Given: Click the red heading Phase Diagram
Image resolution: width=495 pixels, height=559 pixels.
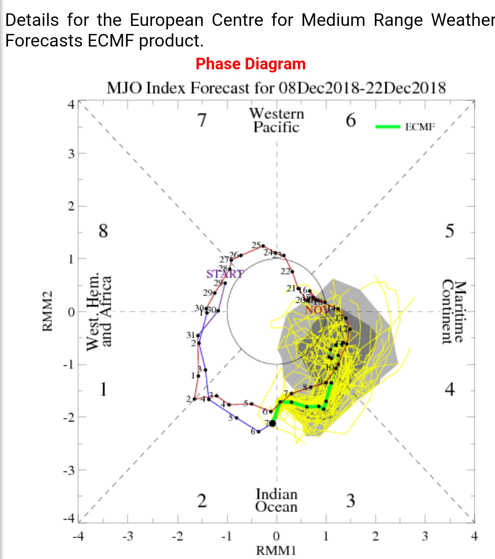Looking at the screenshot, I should click(x=250, y=64).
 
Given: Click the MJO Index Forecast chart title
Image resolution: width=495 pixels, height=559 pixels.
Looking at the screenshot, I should click(x=276, y=88).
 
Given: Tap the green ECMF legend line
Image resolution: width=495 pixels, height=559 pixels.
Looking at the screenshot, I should click(x=388, y=127).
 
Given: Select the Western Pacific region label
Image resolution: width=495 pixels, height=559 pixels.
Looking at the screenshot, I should click(x=276, y=120).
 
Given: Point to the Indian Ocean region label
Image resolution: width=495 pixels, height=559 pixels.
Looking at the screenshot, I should click(x=276, y=501).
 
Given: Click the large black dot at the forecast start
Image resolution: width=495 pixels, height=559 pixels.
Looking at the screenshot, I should click(x=273, y=423).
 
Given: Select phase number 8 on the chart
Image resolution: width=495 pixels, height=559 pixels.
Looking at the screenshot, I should click(x=103, y=231).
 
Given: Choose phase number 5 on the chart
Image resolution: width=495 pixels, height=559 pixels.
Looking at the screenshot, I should click(x=450, y=231).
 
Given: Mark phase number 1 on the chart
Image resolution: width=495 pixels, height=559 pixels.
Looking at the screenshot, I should click(x=103, y=389).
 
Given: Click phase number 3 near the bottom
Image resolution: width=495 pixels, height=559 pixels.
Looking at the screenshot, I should click(x=351, y=501).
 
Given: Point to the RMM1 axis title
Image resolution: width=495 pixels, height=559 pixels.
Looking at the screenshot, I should click(x=276, y=551).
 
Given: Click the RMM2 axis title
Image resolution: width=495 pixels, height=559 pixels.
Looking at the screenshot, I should click(x=47, y=311).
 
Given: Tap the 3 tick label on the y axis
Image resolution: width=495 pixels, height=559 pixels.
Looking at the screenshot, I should click(x=71, y=154).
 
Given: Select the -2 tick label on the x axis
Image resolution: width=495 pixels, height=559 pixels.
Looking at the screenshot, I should click(x=177, y=536).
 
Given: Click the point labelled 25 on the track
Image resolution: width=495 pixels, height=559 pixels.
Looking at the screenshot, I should click(x=263, y=246).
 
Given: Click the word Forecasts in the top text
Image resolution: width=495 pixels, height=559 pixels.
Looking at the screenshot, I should click(x=44, y=41).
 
